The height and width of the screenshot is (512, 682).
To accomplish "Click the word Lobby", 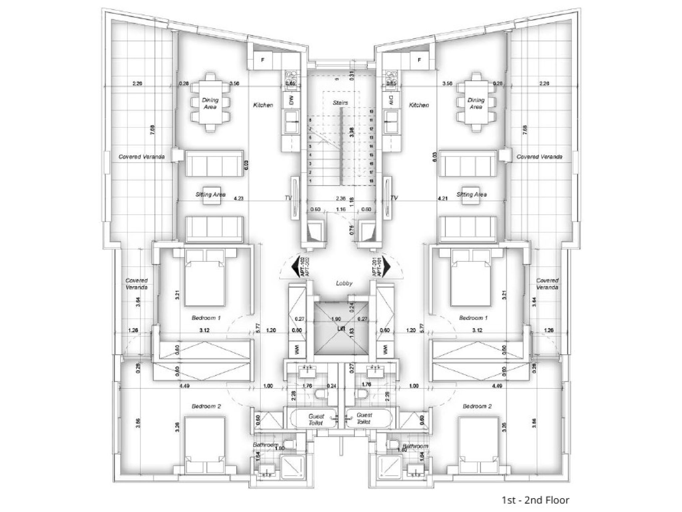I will tap(344, 283).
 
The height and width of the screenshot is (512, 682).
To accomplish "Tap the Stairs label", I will tap(340, 103).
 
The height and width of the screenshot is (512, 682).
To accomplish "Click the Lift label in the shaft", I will tap(341, 329).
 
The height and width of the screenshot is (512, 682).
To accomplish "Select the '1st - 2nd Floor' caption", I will tap(535, 500).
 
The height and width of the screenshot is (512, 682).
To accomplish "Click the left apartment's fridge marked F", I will tap(263, 60).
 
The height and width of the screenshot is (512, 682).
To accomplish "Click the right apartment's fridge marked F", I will tap(419, 60).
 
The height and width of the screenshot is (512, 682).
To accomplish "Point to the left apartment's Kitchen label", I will tap(263, 105).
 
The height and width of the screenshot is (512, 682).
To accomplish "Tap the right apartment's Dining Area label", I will tap(476, 103).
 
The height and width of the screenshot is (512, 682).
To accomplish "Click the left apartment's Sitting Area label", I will tap(210, 194).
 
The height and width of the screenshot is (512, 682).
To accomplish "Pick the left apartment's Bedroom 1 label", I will tap(206, 318).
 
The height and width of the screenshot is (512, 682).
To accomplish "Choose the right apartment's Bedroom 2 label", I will tap(477, 406).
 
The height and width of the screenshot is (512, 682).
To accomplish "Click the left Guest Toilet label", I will tap(316, 419).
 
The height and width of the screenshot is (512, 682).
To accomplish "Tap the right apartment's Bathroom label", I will tap(415, 446).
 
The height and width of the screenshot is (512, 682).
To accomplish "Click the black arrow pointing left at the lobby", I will tap(296, 266).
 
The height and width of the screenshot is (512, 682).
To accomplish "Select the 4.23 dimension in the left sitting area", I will tap(238, 198).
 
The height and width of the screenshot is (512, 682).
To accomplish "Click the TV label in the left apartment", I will tap(288, 198).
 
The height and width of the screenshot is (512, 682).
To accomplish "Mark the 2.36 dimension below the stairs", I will tap(341, 198).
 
